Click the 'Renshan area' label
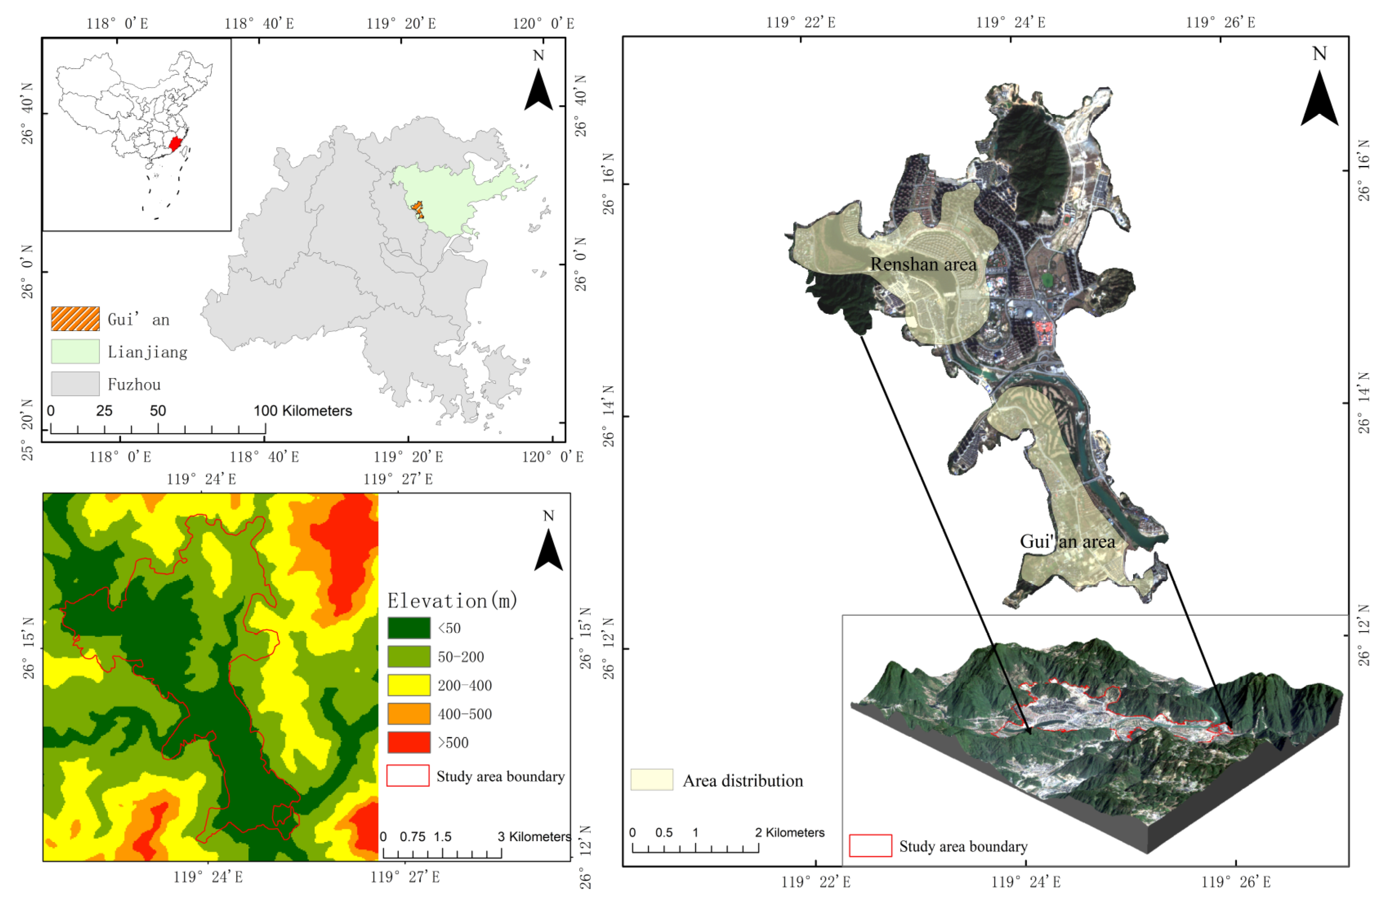pos(923,264)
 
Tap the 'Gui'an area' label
pos(1067,542)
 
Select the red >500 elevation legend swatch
pos(409,743)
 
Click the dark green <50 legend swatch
pos(409,628)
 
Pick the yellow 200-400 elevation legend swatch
pos(409,685)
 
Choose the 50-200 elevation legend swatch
pos(409,657)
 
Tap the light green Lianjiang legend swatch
pos(75,351)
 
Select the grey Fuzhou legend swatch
pos(75,384)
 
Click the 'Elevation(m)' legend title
pos(452,600)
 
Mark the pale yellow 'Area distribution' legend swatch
pos(652,780)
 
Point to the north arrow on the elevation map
pos(548,547)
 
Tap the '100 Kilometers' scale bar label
pos(303,410)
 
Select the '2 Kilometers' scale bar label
pos(790,833)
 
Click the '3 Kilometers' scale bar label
pos(534,837)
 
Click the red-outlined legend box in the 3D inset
pos(870,846)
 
